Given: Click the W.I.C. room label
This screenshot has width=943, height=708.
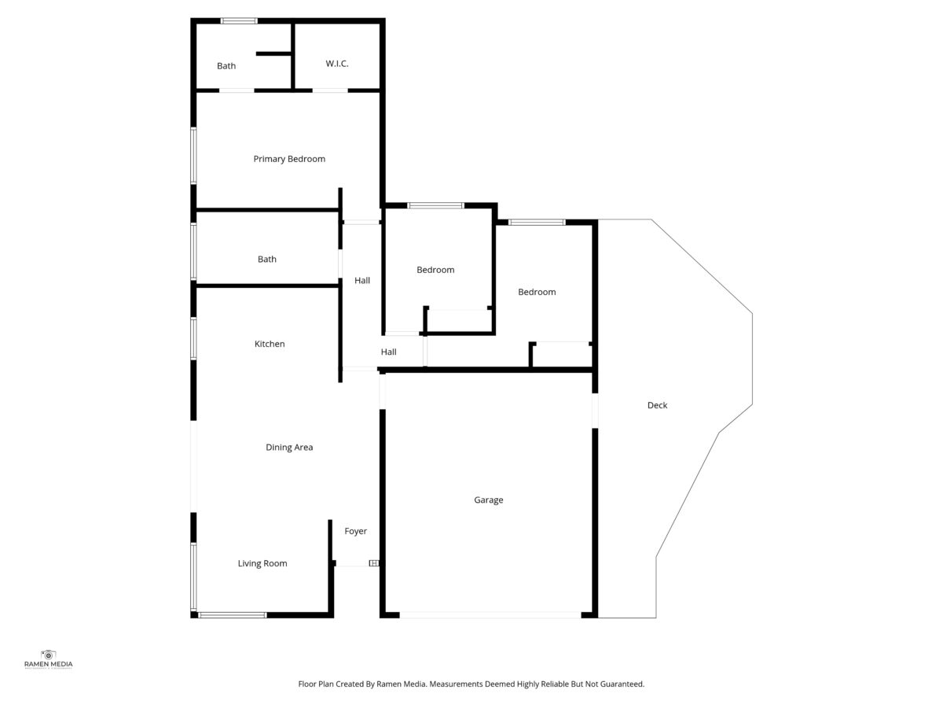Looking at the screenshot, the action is [x=337, y=64].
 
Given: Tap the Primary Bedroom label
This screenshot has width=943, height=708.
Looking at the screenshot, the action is [x=289, y=159].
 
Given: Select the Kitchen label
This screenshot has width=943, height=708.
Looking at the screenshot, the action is [x=270, y=344].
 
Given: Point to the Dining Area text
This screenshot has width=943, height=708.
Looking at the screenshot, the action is [x=289, y=447].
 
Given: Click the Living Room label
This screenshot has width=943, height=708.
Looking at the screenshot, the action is [x=262, y=563].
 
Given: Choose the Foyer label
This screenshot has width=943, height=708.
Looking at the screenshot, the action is [x=356, y=531].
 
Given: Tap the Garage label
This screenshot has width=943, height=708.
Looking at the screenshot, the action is [x=489, y=500].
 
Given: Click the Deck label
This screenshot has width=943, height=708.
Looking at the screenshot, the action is [x=657, y=405].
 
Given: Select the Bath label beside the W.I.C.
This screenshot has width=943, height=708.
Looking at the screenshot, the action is [x=226, y=66].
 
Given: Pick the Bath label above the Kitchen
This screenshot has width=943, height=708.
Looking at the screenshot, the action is [x=266, y=260].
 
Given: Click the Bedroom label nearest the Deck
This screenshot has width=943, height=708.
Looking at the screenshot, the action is [x=537, y=292].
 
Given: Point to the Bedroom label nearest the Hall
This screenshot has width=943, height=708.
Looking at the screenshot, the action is [x=435, y=270].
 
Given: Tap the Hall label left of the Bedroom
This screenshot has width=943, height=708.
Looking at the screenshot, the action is [x=362, y=280].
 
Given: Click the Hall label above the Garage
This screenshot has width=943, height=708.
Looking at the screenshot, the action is [x=389, y=352].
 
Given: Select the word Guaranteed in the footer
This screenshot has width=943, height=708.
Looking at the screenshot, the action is [x=622, y=684].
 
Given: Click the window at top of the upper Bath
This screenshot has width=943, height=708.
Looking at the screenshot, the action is [x=240, y=20].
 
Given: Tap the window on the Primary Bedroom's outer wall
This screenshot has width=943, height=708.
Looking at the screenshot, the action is [x=194, y=156].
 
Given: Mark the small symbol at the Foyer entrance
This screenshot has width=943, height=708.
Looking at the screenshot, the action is [x=374, y=563].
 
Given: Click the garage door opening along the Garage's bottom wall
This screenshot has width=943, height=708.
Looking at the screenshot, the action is [x=490, y=615].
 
